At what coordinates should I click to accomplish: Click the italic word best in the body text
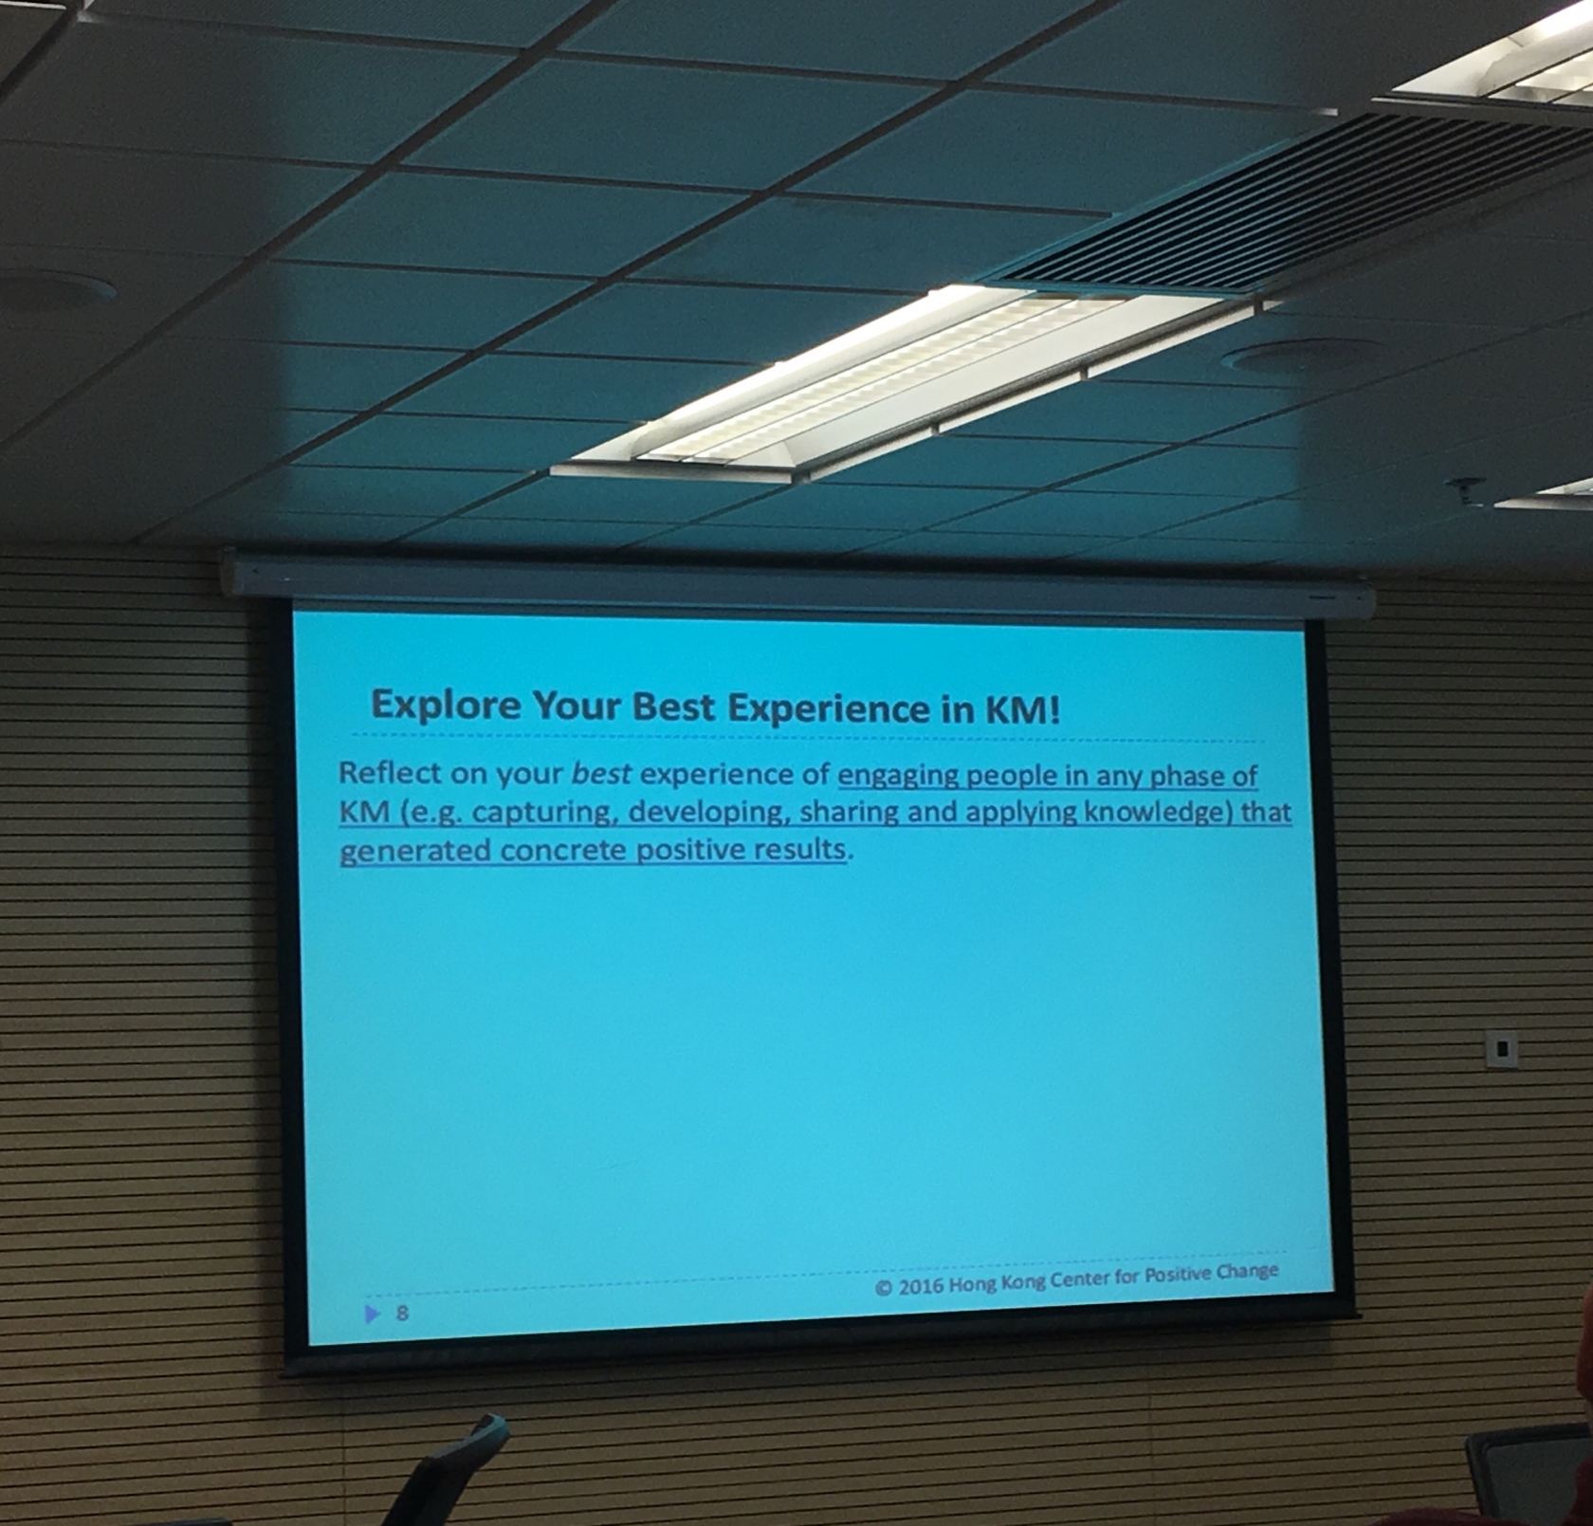[x=601, y=774]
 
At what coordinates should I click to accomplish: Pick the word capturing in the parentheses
[x=541, y=814]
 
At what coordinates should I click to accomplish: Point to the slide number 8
[x=402, y=1314]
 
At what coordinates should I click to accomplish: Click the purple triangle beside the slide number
[x=372, y=1314]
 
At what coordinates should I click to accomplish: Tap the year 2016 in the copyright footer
[x=920, y=1286]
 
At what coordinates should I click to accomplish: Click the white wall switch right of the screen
[x=1502, y=1049]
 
